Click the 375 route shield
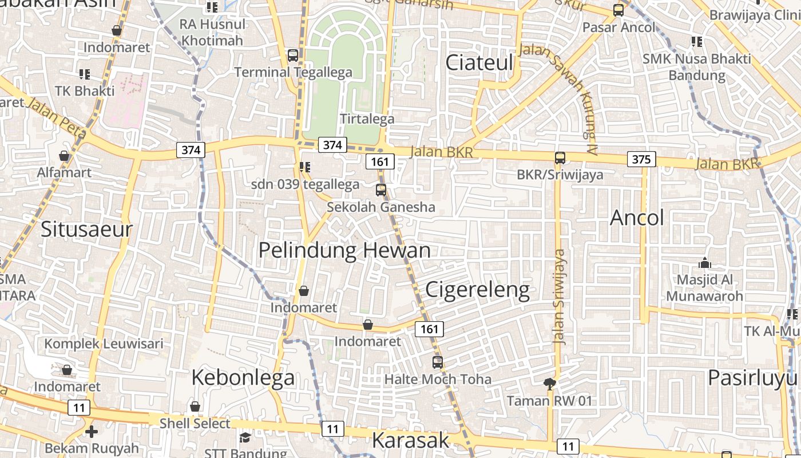point(641,159)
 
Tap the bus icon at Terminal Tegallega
point(293,56)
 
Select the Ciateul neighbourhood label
point(479,63)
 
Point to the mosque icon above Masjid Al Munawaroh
point(705,263)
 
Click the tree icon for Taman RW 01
point(550,384)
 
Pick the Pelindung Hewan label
point(344,250)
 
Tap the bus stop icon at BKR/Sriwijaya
point(560,158)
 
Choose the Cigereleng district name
point(478,290)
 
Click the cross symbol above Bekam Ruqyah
point(91,431)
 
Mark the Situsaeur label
point(86,230)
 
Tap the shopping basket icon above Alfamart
point(64,156)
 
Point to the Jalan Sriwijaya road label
point(560,297)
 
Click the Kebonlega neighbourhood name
point(243,377)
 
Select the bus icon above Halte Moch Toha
point(438,362)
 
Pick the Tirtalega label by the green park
point(367,119)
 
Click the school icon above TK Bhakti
point(85,74)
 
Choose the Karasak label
point(411,440)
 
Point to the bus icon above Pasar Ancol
point(618,10)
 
